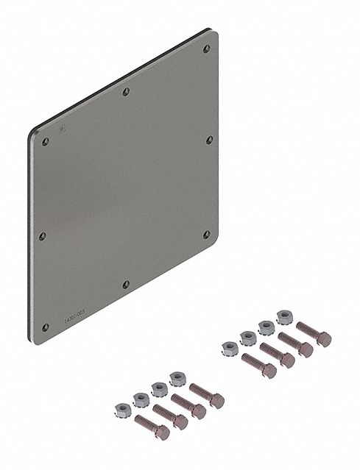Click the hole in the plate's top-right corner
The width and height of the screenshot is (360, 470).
click(207, 50)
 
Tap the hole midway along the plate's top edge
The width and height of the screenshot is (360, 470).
click(126, 92)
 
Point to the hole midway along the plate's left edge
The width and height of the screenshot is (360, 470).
click(42, 236)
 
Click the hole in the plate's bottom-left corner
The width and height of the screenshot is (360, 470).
click(45, 327)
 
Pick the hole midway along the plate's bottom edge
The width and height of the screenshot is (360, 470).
click(126, 284)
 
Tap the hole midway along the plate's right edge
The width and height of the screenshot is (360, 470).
click(208, 140)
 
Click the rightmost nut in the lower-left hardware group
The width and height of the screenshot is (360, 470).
click(177, 378)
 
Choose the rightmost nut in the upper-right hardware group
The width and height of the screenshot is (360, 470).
click(283, 317)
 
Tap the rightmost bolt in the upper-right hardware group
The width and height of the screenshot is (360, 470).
click(313, 335)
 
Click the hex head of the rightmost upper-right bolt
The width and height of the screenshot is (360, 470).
click(322, 339)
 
